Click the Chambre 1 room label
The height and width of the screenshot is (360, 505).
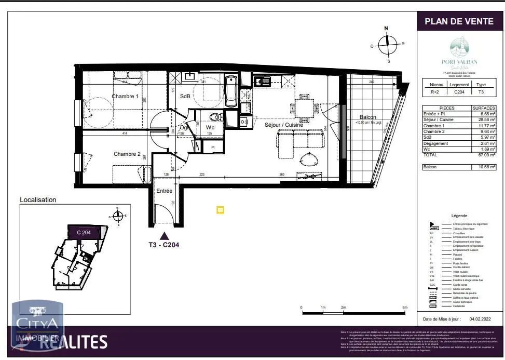[125, 97]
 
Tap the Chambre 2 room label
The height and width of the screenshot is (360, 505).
[127, 154]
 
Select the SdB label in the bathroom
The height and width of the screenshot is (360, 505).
[185, 97]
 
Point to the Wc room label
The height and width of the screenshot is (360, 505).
[210, 127]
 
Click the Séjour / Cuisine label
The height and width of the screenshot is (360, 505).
[284, 125]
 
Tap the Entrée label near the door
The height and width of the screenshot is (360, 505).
[165, 191]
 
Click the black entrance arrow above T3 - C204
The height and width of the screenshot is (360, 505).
[164, 236]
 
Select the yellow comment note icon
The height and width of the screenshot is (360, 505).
[220, 209]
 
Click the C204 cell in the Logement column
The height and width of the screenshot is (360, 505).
[459, 91]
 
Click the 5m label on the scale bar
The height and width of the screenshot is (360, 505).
[405, 308]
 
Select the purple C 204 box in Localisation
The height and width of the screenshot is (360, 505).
[84, 232]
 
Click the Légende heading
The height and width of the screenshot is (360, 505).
[459, 216]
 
